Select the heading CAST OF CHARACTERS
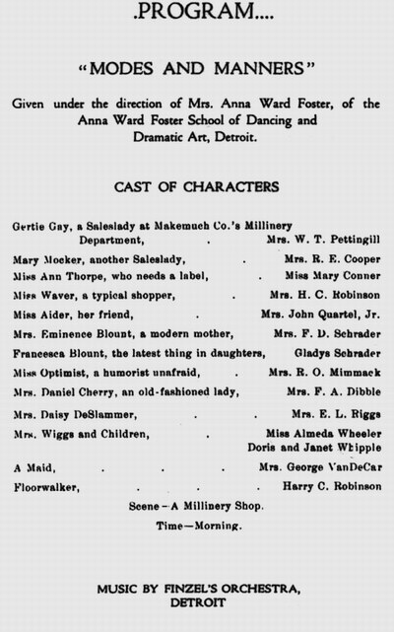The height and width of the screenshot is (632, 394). click(197, 186)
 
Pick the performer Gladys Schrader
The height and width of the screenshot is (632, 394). click(334, 353)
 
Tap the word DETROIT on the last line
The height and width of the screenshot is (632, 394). click(198, 600)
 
